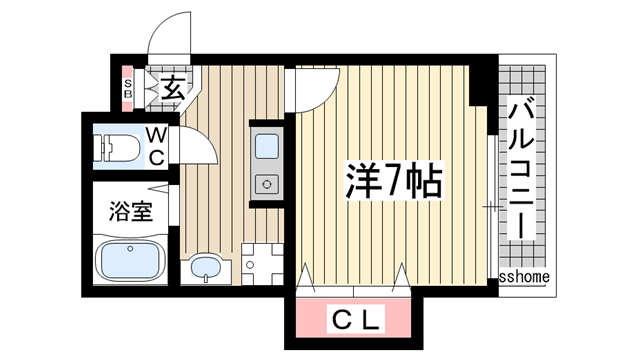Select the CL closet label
pos(356,321)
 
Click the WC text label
pos(159,145)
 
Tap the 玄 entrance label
pos(170,89)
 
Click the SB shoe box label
pos(127,89)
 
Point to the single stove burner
pos(268,183)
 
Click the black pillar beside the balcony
pos(481,84)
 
